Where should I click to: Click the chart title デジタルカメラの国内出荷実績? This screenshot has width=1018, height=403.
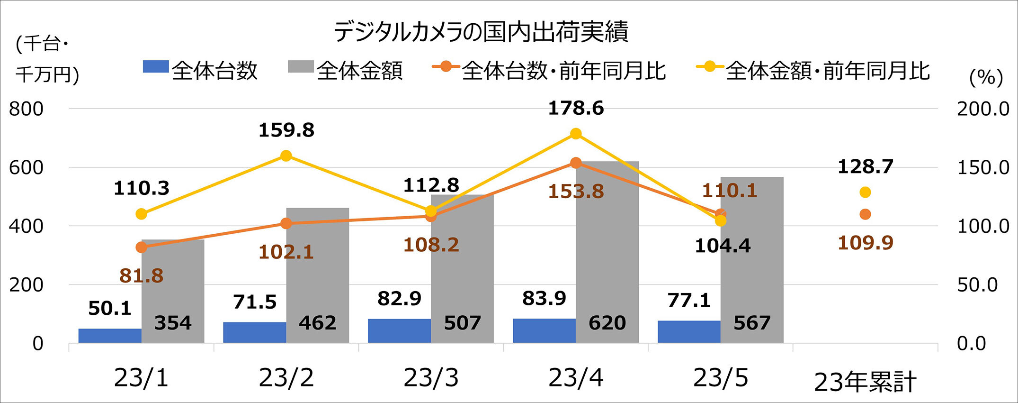tap(481, 32)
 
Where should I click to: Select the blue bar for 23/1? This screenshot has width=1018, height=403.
tap(110, 336)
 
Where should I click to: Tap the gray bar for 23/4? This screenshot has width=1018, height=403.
tap(607, 251)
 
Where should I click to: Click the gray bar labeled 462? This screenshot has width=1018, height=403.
tap(317, 275)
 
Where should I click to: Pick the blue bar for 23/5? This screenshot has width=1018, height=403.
tap(689, 331)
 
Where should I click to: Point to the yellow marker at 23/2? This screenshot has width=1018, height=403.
tap(286, 156)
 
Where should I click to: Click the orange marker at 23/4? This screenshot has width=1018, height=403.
tap(576, 163)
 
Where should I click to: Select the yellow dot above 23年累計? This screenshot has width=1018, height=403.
tap(865, 192)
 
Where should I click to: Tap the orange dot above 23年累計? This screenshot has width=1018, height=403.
tap(865, 214)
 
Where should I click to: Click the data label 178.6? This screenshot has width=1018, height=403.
tap(576, 109)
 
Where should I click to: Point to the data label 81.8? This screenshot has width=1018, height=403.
tap(141, 275)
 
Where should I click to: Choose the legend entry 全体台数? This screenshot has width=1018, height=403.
tap(200, 71)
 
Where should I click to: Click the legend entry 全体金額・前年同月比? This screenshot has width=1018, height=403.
tap(813, 71)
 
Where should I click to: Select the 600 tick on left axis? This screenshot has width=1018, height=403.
tap(26, 167)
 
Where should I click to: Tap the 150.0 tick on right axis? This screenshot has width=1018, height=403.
tap(983, 167)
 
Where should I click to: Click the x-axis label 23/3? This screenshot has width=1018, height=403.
tap(431, 378)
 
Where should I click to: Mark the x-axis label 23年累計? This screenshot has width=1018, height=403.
tap(865, 382)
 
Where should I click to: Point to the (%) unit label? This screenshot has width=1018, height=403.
tap(986, 77)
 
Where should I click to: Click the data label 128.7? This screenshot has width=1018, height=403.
tap(865, 167)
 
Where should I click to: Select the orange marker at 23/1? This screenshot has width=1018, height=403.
tap(141, 247)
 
